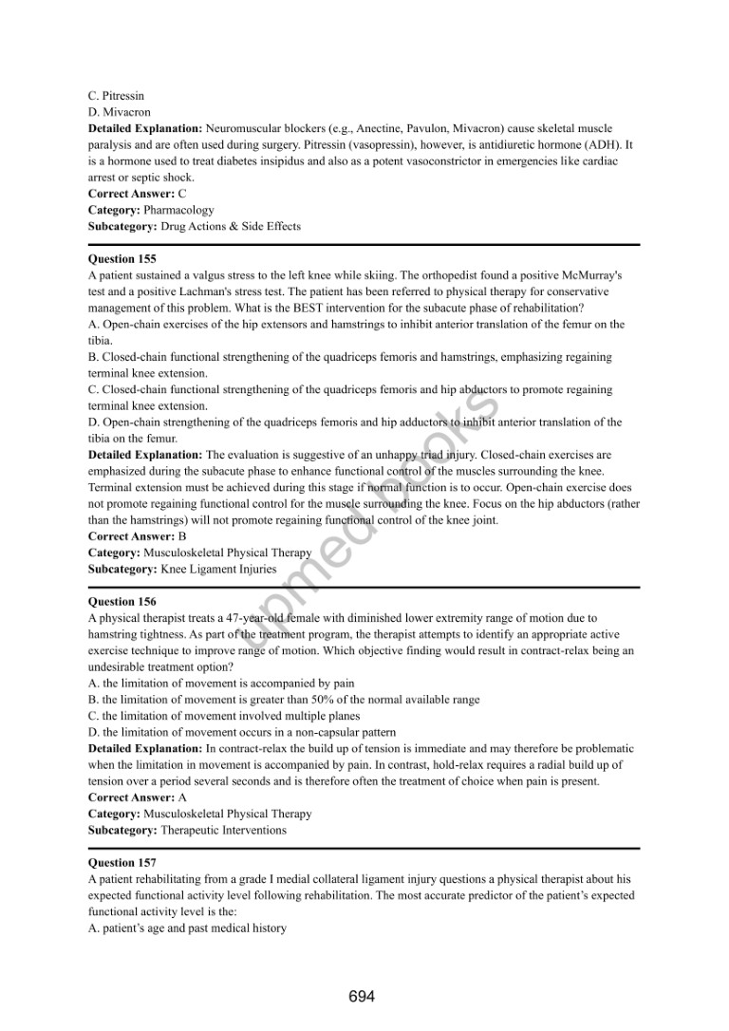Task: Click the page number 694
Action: coord(362,996)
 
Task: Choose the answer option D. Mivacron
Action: coord(119,112)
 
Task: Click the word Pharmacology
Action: coord(178,210)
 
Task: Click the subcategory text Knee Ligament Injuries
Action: coord(218,570)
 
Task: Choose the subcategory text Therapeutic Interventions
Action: coord(223,831)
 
